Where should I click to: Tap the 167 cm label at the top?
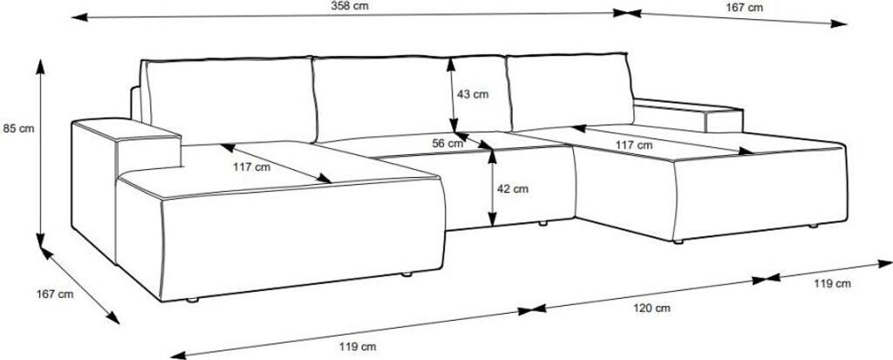[744, 8]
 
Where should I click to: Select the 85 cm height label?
[19, 129]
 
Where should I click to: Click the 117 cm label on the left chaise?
[251, 166]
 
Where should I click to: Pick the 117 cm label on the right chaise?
[632, 145]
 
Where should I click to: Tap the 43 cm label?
[473, 94]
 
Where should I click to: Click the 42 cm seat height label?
[513, 188]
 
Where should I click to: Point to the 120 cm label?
[651, 308]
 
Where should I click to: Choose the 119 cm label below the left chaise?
[358, 347]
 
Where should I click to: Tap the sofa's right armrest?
[689, 115]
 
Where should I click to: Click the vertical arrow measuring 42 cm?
[494, 187]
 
